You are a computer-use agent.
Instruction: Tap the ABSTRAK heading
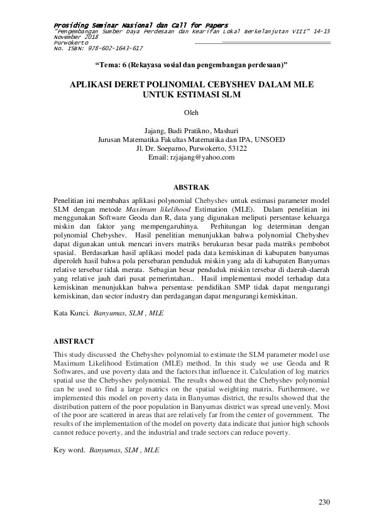tap(191, 187)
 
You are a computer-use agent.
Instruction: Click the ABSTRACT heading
tap(74, 341)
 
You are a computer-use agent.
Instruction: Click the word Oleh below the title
tap(190, 113)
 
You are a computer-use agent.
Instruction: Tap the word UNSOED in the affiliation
tap(270, 140)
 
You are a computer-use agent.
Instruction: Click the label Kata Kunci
tap(70, 311)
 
